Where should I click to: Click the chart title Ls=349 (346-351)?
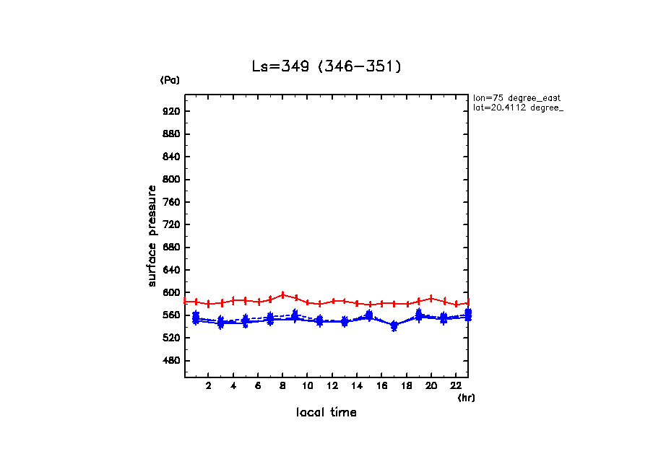point(326,66)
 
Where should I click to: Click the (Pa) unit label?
point(170,80)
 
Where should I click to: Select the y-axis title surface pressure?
point(152,235)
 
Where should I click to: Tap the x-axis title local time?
point(326,413)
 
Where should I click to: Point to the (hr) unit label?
point(466,398)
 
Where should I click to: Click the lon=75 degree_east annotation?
point(517,97)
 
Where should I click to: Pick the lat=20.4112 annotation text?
point(517,108)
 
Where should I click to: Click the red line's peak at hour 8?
point(283,294)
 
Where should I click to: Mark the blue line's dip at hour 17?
point(394,326)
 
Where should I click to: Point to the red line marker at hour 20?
point(431,298)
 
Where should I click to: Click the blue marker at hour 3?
point(221,323)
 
